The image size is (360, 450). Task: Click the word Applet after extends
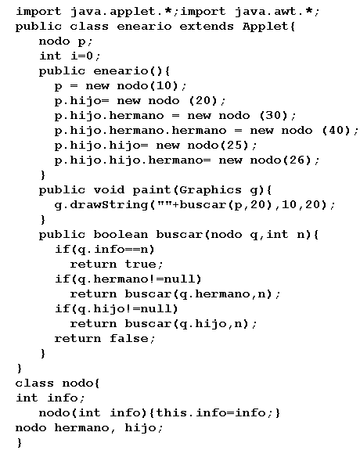coord(265,27)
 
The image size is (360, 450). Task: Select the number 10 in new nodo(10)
coord(164,85)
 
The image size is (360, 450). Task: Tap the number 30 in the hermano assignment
coord(274,115)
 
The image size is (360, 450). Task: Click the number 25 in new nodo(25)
coord(235,146)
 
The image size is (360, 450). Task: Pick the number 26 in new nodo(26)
coord(297,160)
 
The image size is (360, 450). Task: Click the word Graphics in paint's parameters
coord(211,190)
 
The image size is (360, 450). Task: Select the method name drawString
coord(110,205)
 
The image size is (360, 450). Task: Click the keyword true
coord(140,265)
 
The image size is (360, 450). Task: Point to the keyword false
coord(129,339)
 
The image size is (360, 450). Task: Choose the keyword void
coord(109,189)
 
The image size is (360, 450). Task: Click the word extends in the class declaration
coord(207,27)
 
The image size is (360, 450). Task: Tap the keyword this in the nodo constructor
coord(171,412)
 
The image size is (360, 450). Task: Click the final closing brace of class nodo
coord(20,443)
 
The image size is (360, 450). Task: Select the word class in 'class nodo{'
coord(34,383)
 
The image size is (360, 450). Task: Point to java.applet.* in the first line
coord(121,12)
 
